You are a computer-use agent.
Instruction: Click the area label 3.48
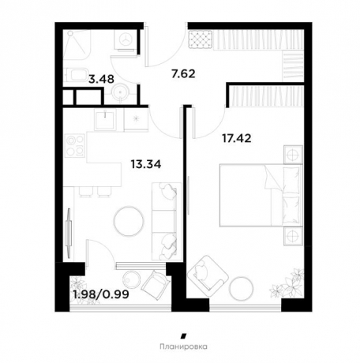click(101, 79)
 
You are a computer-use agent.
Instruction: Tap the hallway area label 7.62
click(183, 74)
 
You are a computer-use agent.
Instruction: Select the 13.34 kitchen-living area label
click(146, 164)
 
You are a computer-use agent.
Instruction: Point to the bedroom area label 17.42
click(237, 138)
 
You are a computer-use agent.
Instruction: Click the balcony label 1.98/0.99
click(101, 294)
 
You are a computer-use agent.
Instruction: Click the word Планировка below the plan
click(183, 346)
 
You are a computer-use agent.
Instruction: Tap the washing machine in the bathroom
click(126, 39)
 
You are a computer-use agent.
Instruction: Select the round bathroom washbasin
click(121, 92)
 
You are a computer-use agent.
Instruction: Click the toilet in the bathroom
click(77, 75)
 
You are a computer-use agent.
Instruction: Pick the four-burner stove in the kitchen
click(75, 145)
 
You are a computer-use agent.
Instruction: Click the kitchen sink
click(105, 120)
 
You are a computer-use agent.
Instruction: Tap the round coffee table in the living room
click(129, 221)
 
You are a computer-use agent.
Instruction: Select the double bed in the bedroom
click(261, 195)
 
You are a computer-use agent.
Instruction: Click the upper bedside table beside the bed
click(293, 155)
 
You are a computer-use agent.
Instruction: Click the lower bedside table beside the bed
click(293, 236)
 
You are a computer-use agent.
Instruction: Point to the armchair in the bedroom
click(207, 276)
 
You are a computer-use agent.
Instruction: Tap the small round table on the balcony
click(133, 280)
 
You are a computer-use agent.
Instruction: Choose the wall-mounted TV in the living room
click(69, 233)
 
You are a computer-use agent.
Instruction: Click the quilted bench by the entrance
click(201, 39)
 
